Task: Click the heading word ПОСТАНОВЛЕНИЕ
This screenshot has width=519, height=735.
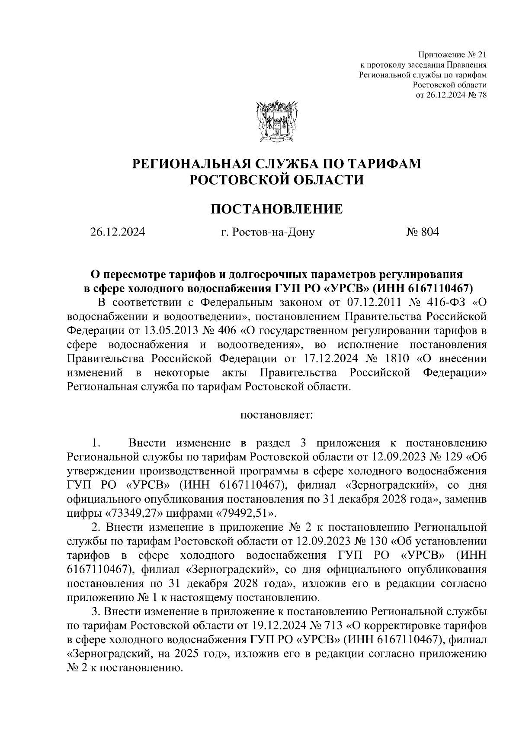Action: point(276,210)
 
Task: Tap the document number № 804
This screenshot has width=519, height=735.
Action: point(422,232)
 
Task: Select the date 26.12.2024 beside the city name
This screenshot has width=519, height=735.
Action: point(117,232)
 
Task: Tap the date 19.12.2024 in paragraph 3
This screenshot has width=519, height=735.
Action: point(277,626)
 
